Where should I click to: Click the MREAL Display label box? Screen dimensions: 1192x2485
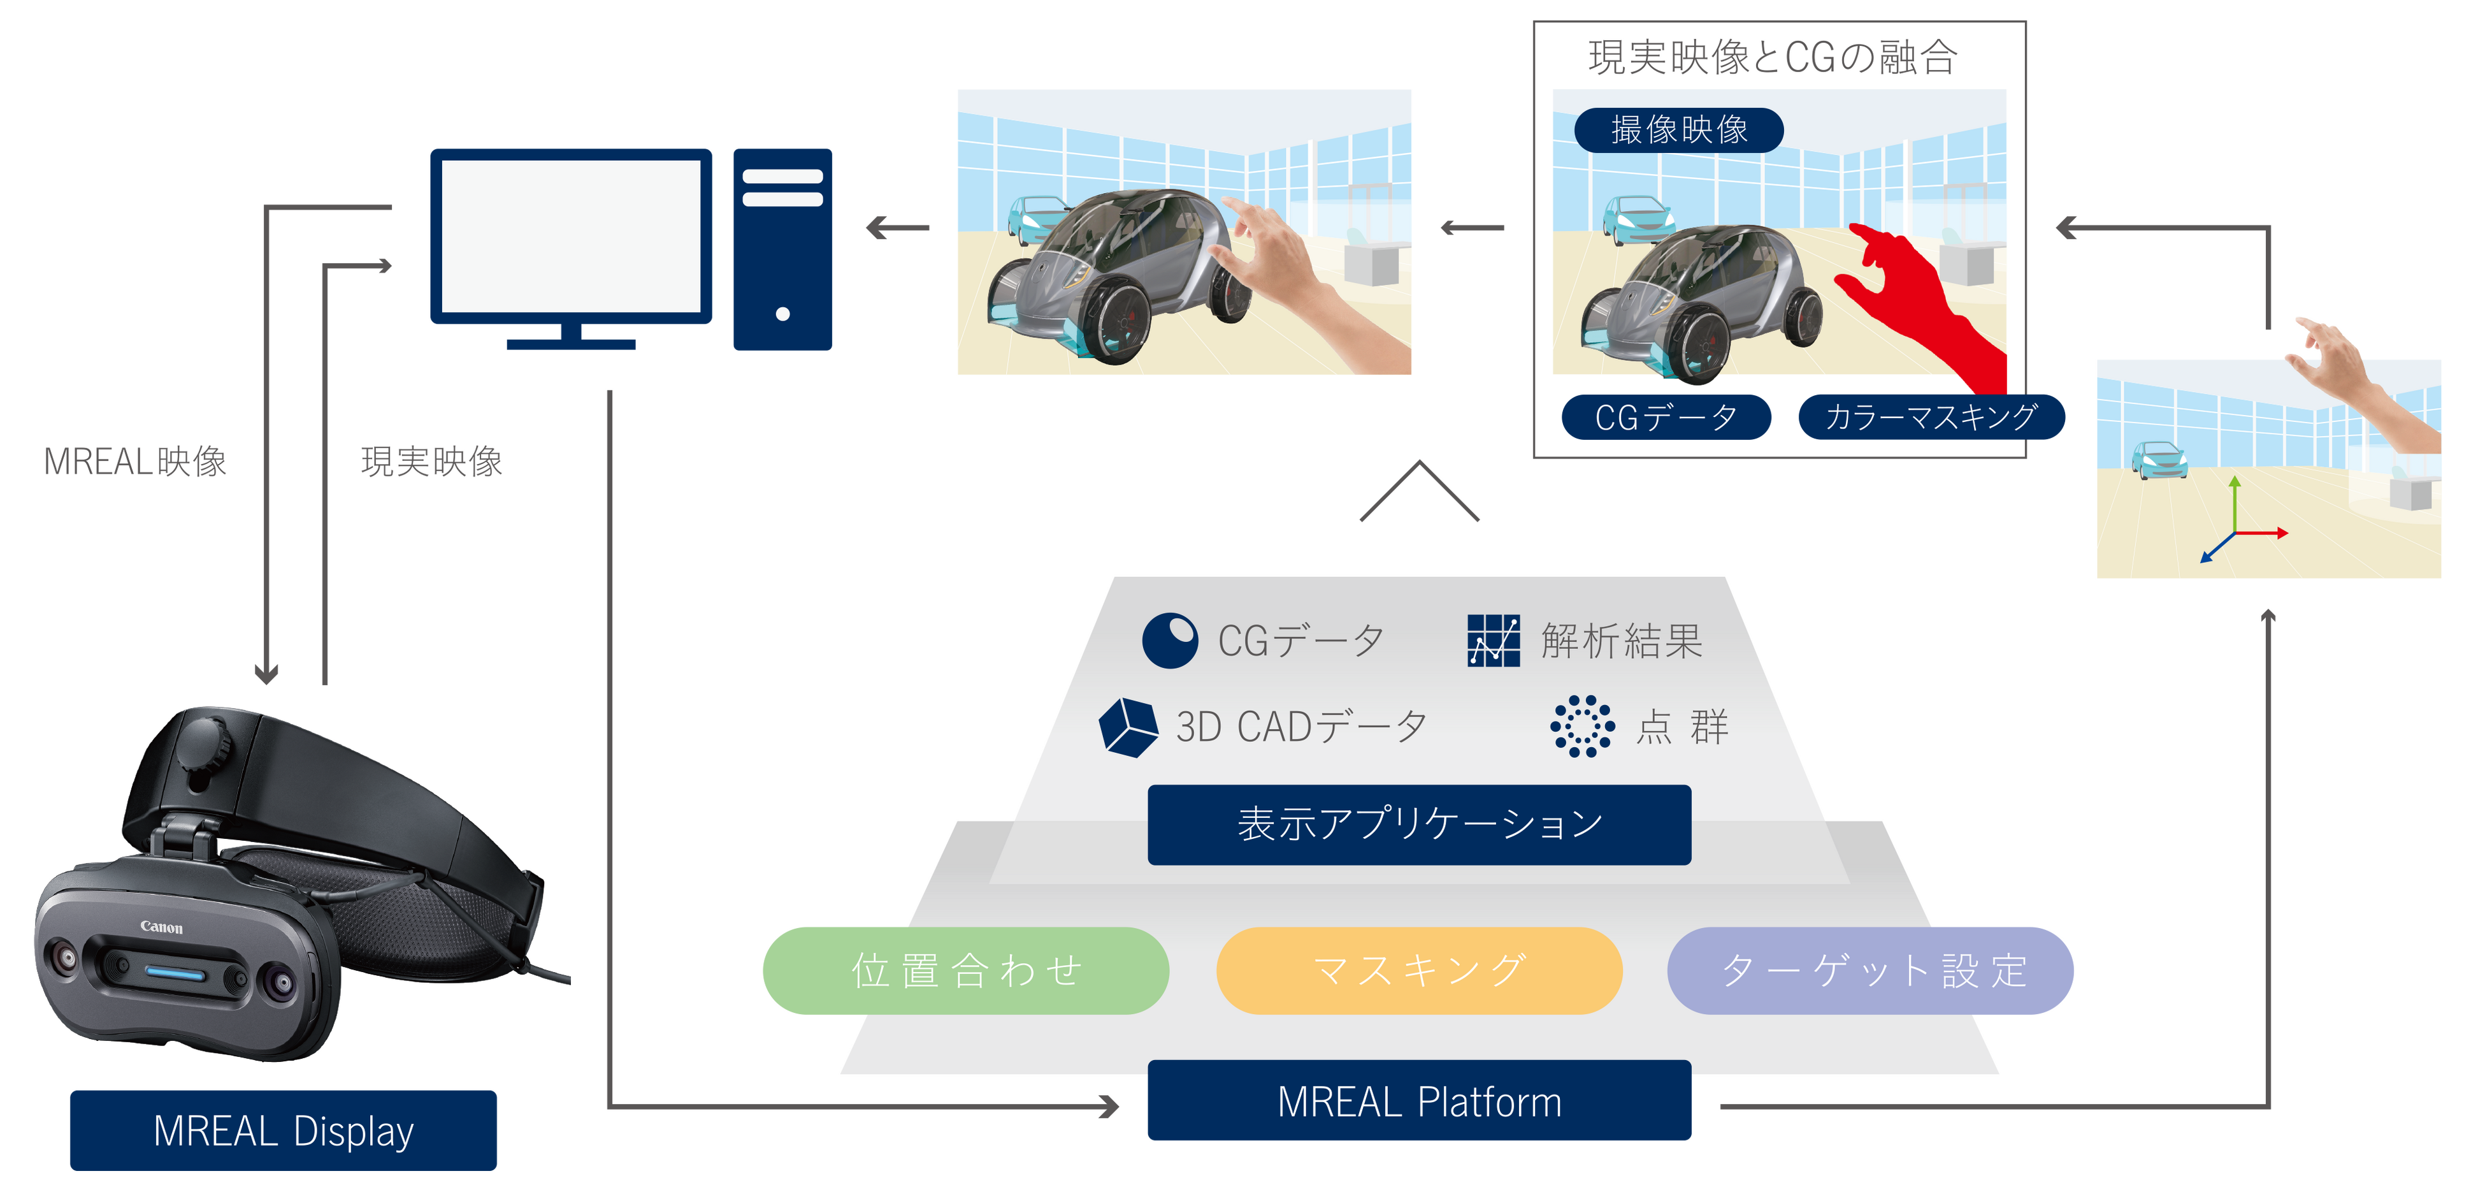[x=283, y=1130]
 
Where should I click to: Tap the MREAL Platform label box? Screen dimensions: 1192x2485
[x=1419, y=1101]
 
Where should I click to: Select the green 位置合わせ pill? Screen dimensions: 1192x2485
[x=965, y=971]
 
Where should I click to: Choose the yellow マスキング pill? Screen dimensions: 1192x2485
[x=1419, y=971]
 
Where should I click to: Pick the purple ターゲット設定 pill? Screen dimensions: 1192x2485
[x=1871, y=971]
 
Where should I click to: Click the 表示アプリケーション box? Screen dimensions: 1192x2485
[x=1419, y=824]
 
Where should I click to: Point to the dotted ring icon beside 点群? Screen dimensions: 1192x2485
[x=1582, y=726]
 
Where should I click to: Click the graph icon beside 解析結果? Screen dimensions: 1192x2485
[x=1494, y=641]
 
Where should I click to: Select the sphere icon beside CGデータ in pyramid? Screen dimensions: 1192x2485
[x=1169, y=641]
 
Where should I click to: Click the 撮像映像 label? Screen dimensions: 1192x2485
[x=1678, y=130]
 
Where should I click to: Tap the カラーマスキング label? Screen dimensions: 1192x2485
[x=1931, y=417]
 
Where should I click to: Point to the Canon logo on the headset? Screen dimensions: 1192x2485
[x=161, y=927]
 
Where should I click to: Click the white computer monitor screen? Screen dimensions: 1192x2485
[x=571, y=236]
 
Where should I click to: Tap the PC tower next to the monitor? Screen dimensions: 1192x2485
[x=782, y=249]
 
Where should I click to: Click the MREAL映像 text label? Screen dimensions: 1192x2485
[x=135, y=462]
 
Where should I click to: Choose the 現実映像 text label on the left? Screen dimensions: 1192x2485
[x=431, y=462]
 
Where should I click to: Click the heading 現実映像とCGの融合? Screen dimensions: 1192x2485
[x=1773, y=58]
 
